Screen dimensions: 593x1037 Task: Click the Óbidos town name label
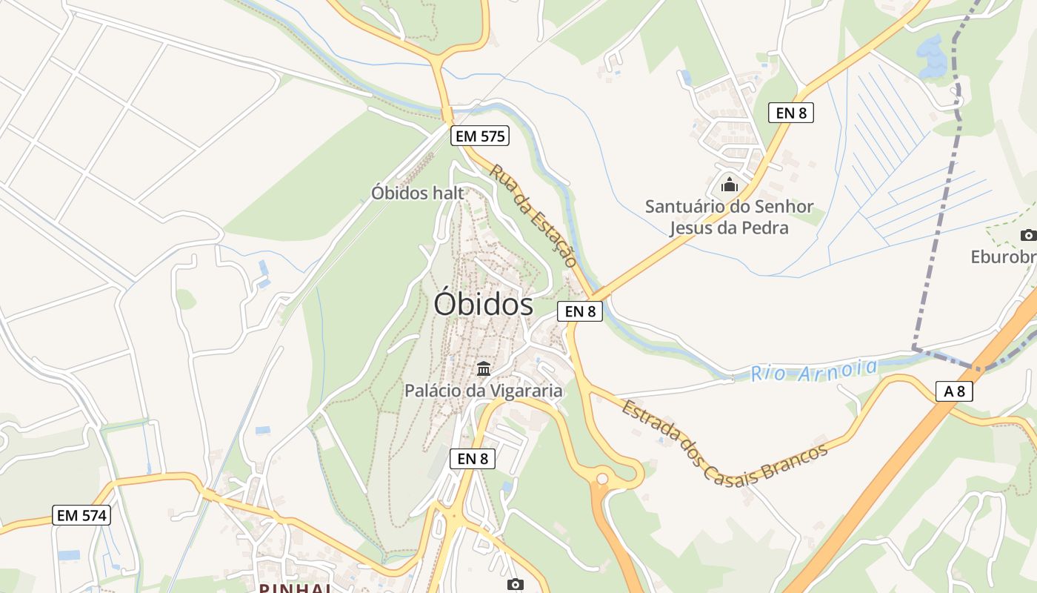pyautogui.click(x=483, y=305)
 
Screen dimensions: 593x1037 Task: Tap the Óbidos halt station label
pyautogui.click(x=418, y=193)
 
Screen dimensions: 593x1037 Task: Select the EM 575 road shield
pyautogui.click(x=479, y=136)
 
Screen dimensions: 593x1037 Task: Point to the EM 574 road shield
pyautogui.click(x=82, y=515)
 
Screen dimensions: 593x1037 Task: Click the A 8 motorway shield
pyautogui.click(x=954, y=391)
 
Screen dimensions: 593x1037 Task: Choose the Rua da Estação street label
pyautogui.click(x=533, y=216)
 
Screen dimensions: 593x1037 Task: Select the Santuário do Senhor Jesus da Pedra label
pyautogui.click(x=729, y=216)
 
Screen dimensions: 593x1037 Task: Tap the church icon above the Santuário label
pyautogui.click(x=730, y=184)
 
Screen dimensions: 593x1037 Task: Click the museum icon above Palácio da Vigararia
pyautogui.click(x=484, y=368)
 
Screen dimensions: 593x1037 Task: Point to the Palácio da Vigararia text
pyautogui.click(x=483, y=391)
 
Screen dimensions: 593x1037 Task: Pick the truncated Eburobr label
pyautogui.click(x=1004, y=257)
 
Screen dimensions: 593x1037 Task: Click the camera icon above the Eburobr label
pyautogui.click(x=1028, y=236)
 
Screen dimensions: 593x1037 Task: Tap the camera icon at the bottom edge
pyautogui.click(x=516, y=585)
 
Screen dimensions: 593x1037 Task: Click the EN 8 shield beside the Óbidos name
pyautogui.click(x=580, y=311)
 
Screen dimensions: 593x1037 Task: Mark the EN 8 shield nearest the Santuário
pyautogui.click(x=791, y=113)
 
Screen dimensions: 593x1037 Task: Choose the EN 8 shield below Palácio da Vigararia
pyautogui.click(x=473, y=459)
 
